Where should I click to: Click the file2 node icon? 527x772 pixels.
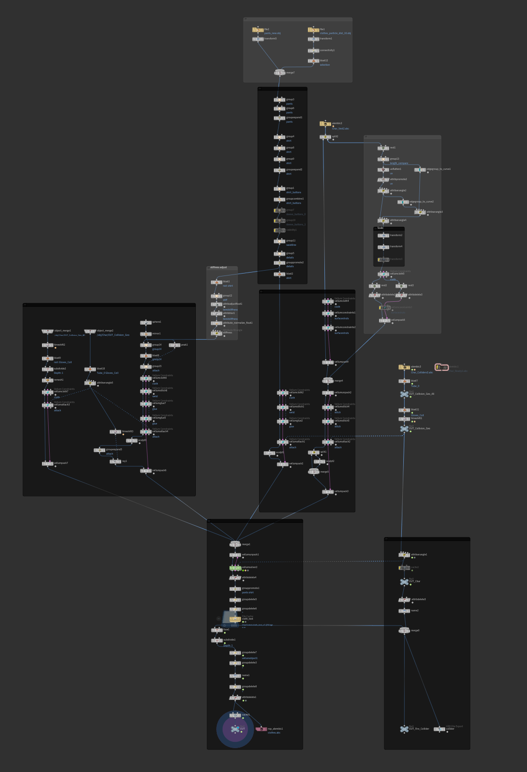click(x=258, y=30)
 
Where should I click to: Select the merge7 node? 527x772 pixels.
click(x=279, y=73)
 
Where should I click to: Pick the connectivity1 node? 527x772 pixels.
click(x=313, y=50)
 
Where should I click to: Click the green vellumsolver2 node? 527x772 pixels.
click(x=235, y=568)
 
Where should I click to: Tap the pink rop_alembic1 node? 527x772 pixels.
click(x=261, y=729)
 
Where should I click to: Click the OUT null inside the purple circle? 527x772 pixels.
click(x=235, y=729)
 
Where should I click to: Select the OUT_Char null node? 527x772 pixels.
click(x=404, y=582)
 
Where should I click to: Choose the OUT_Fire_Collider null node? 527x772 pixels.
click(x=404, y=729)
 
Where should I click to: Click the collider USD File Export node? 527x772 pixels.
click(x=439, y=729)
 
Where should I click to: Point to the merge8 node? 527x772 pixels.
click(x=404, y=630)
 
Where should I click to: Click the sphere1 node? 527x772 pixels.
click(x=146, y=322)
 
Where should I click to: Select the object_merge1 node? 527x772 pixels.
click(x=47, y=331)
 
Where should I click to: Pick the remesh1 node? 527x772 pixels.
click(x=47, y=380)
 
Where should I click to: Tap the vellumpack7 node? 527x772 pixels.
click(x=47, y=463)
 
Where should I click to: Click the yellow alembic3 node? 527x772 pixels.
click(x=404, y=367)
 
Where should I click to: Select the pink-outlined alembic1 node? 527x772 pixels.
click(x=442, y=367)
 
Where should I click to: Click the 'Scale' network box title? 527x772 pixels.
click(x=380, y=228)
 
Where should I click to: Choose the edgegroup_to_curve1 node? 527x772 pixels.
click(x=420, y=169)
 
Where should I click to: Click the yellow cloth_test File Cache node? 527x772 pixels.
click(x=235, y=619)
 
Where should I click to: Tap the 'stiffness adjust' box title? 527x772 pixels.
click(x=218, y=267)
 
